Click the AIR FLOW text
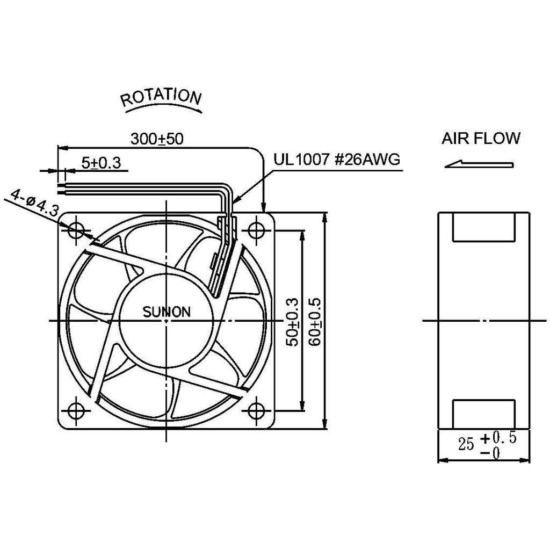[481, 138]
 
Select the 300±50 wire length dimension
[157, 139]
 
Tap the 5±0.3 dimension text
[101, 163]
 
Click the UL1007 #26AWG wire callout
[337, 160]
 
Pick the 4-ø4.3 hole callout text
[34, 203]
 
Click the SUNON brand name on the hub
[167, 312]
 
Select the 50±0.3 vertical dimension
[292, 322]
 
